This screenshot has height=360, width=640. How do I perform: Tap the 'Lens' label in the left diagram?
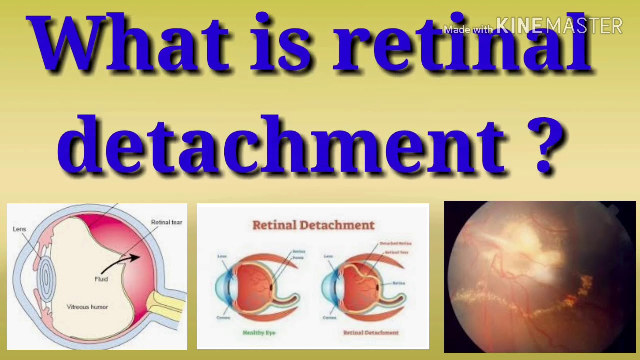(x=19, y=229)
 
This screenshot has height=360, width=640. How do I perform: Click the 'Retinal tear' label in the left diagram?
(x=166, y=222)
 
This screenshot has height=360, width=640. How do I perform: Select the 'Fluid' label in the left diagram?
(x=101, y=279)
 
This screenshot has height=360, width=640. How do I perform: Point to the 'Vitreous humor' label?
(x=87, y=307)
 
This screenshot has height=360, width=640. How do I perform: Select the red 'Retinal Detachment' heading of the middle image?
(x=313, y=225)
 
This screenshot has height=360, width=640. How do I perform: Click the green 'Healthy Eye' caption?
(x=259, y=332)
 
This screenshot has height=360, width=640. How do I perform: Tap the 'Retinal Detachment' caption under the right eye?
(x=371, y=332)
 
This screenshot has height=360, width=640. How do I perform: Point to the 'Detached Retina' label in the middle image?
(x=395, y=243)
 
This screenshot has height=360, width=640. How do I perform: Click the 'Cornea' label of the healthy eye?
(x=223, y=318)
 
